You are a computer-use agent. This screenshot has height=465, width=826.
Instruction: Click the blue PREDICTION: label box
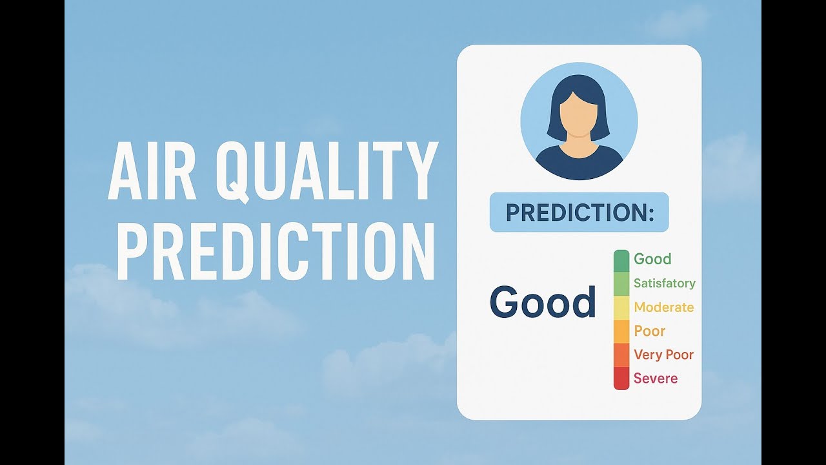click(579, 212)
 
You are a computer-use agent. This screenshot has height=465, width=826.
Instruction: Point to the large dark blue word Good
click(543, 302)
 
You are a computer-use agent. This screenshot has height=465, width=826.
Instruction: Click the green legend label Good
click(652, 259)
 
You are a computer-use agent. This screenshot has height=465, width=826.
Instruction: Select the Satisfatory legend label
click(664, 283)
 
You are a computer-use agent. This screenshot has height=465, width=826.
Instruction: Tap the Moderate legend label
click(663, 307)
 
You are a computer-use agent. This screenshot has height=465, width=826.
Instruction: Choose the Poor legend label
click(649, 331)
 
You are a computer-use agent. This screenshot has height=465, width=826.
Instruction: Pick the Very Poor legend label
click(663, 355)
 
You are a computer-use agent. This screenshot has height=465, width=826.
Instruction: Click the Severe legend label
click(656, 378)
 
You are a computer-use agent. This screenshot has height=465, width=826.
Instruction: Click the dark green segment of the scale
click(621, 260)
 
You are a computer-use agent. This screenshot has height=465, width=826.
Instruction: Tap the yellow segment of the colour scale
click(621, 308)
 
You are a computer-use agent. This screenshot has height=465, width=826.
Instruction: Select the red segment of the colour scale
click(621, 378)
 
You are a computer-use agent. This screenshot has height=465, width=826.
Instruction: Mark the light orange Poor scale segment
click(621, 331)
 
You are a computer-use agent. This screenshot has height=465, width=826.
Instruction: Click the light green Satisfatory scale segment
click(621, 284)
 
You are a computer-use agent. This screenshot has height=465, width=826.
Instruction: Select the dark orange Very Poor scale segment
click(621, 355)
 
